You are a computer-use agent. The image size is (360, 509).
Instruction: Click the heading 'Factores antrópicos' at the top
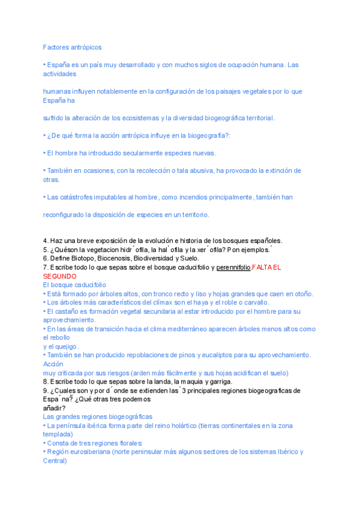(x=73, y=47)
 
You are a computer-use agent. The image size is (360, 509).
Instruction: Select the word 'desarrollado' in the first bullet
(x=136, y=65)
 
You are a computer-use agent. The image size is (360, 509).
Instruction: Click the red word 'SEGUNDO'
(x=59, y=276)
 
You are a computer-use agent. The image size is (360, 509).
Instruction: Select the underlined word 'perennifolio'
(x=233, y=267)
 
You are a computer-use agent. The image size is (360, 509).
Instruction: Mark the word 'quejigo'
(x=67, y=346)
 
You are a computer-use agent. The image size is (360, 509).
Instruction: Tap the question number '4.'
(x=46, y=241)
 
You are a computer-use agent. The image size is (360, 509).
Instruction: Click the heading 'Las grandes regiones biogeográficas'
(x=98, y=417)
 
